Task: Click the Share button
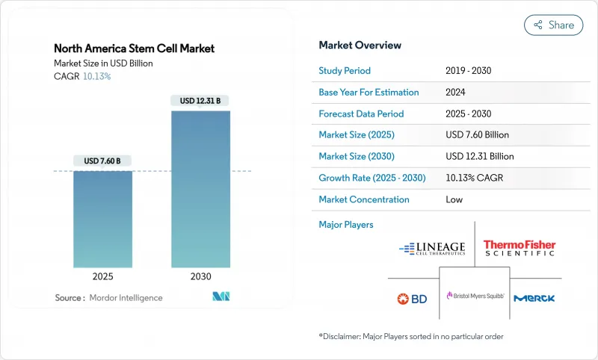(553, 25)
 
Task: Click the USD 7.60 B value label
(102, 161)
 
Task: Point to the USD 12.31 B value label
(200, 100)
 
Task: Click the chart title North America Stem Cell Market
(134, 49)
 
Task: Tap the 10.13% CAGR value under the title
(96, 76)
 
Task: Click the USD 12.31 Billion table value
(479, 157)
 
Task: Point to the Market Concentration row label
(364, 199)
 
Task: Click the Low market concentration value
(454, 199)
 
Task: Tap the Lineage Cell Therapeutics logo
(432, 249)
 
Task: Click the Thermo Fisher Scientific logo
(519, 248)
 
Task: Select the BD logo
(412, 298)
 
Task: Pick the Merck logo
(534, 298)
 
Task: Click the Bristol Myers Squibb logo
(475, 297)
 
